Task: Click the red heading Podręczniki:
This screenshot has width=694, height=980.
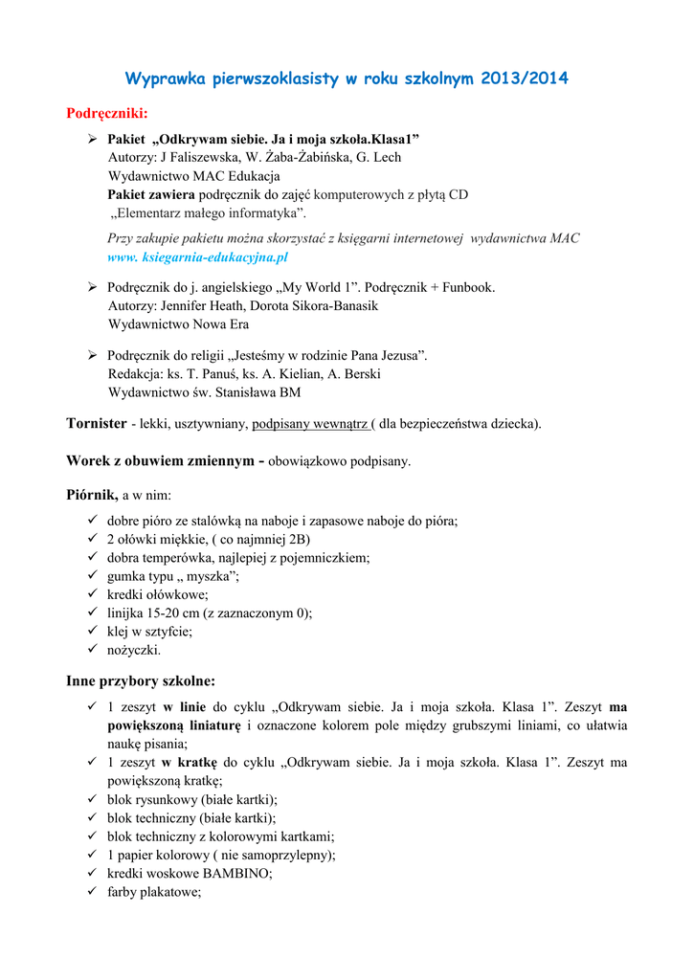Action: pos(106,115)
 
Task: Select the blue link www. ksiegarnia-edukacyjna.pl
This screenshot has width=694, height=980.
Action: pos(197,257)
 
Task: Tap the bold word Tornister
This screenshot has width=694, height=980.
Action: pos(97,423)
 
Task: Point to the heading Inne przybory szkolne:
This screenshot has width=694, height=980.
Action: pos(141,681)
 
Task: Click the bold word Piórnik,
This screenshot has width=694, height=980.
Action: pos(92,495)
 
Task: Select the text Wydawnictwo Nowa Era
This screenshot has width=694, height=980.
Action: pos(179,324)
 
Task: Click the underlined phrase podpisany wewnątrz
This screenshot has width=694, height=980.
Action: pos(311,424)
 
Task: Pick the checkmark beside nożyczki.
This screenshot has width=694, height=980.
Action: pos(93,650)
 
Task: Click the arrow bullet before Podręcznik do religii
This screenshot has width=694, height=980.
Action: pos(93,355)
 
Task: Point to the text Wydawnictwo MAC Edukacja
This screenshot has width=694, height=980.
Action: pos(194,176)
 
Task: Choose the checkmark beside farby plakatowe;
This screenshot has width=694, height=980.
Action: pos(93,892)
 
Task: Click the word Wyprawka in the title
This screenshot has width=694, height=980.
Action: pos(167,78)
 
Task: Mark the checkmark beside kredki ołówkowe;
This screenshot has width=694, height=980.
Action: pos(93,594)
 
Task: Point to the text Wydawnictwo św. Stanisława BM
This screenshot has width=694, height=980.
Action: pos(205,392)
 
